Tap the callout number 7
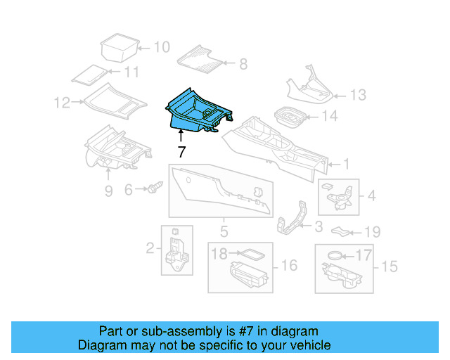pos(181,151)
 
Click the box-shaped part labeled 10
pos(117,48)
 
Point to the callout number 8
pos(243,65)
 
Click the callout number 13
pos(358,94)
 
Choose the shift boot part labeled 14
pos(290,117)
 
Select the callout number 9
pos(108,191)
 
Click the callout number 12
pos(63,103)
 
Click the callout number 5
pos(224,231)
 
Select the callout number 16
pos(289,265)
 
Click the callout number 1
pos(345,165)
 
